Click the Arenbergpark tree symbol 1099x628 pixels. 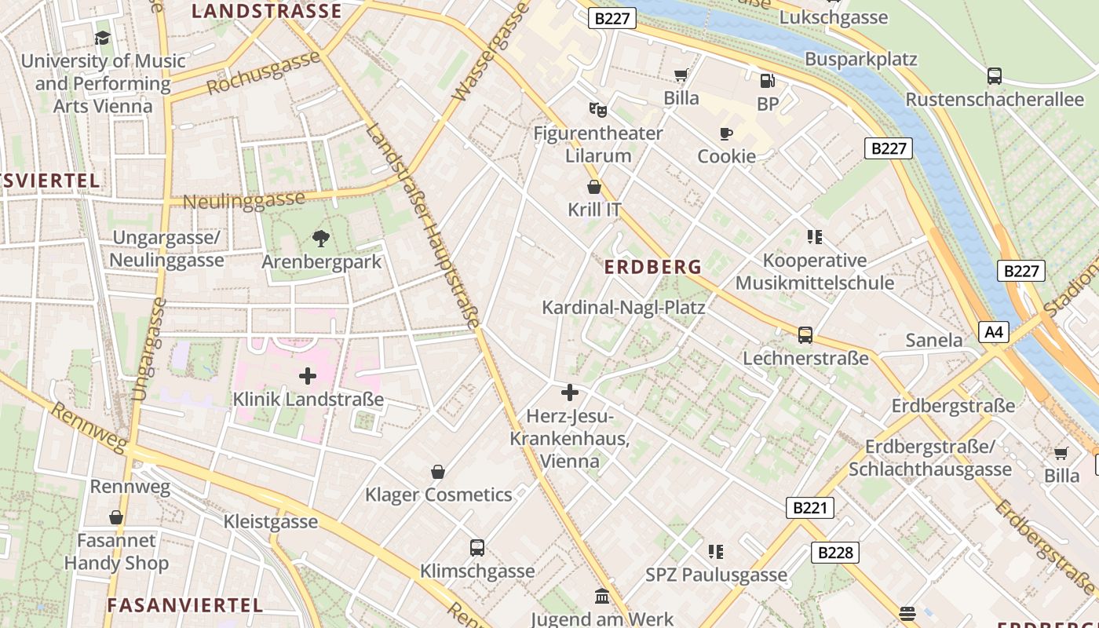tap(320, 238)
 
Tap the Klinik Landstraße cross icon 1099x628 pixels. tap(308, 376)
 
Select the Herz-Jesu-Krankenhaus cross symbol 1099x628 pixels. tap(570, 392)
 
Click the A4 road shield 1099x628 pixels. tap(993, 332)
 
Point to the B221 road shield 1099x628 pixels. tap(809, 508)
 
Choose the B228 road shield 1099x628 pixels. tap(835, 553)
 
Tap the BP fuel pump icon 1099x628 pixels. tap(767, 80)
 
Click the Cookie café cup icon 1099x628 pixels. tap(726, 133)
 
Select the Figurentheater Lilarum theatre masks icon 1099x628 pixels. tap(598, 110)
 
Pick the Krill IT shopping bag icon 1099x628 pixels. tap(594, 187)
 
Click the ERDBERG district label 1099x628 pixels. tap(652, 267)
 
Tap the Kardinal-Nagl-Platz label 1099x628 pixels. tap(623, 307)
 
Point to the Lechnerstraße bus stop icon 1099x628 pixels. tap(805, 335)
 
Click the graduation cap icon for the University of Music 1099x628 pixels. tap(103, 38)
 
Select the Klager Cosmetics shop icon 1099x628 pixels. tap(438, 472)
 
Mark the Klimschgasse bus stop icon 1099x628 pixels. tap(476, 548)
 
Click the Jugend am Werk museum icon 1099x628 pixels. tap(602, 597)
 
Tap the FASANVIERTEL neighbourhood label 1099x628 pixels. tap(184, 605)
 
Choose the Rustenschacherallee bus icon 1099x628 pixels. tap(995, 76)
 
